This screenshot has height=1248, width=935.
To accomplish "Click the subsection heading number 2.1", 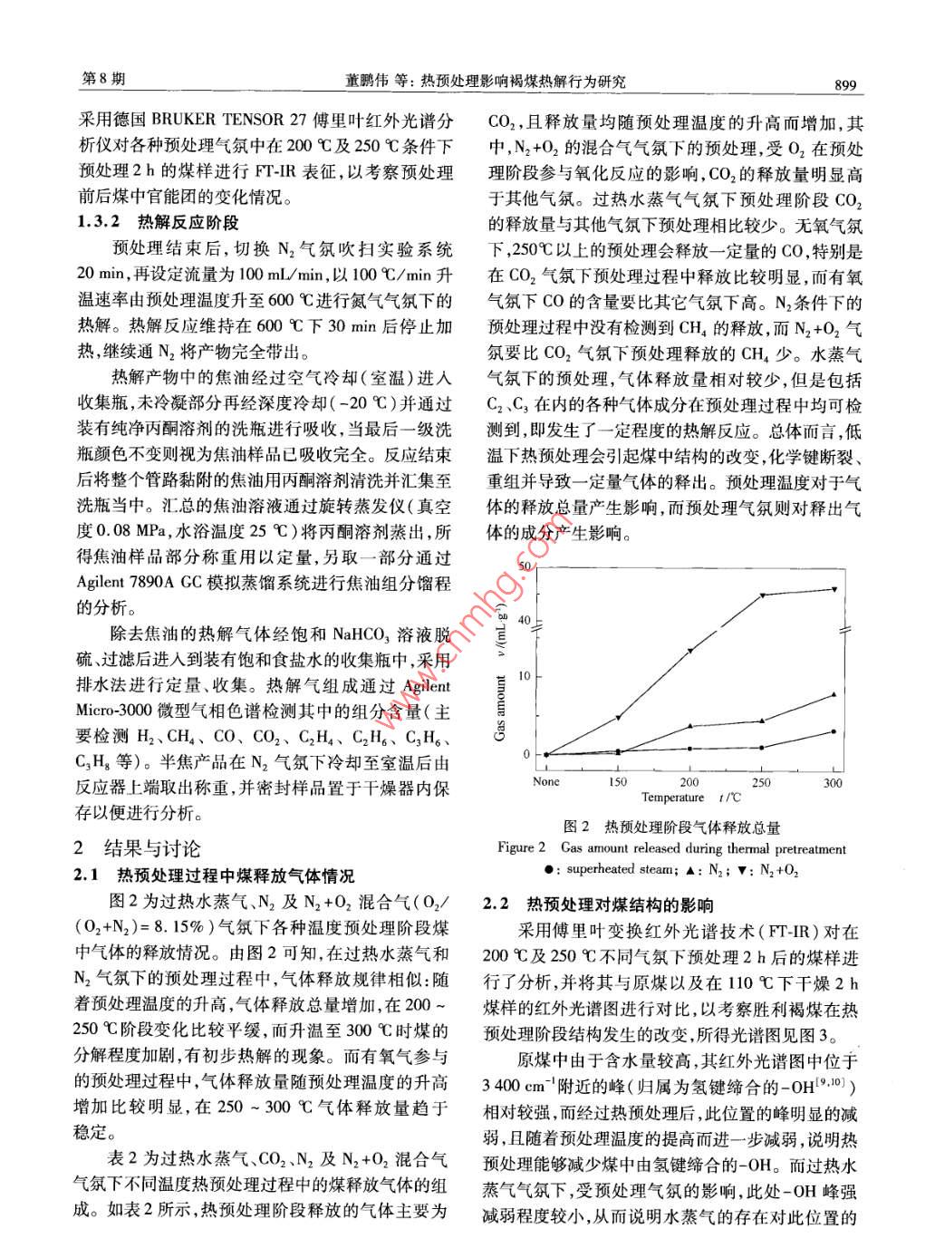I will tap(86, 876).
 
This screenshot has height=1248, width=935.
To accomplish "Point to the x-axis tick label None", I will tap(546, 781).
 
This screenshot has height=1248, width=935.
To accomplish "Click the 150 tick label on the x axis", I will tap(618, 782).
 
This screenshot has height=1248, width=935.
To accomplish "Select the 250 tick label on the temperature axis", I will tap(761, 782).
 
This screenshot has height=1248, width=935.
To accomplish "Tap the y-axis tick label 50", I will tap(525, 566).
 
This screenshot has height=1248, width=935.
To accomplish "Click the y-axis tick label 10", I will tap(525, 676).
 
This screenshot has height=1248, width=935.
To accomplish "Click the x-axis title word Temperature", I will tap(672, 798).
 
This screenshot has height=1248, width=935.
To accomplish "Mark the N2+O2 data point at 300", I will tap(834, 589).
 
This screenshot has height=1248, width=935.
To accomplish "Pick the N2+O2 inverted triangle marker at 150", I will tap(618, 718).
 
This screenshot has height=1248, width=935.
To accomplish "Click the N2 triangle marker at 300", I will tap(834, 694).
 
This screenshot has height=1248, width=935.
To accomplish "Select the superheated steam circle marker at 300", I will tap(834, 731).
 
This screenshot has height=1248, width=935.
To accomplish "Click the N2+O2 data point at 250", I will tap(762, 595).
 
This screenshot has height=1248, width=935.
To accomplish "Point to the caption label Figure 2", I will tap(521, 849).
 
